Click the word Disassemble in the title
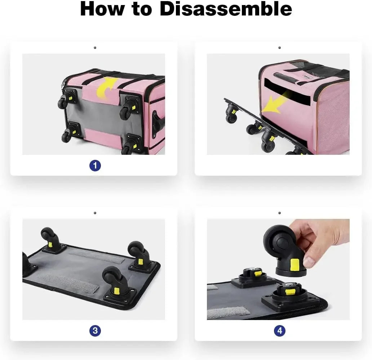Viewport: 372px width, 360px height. coord(226,9)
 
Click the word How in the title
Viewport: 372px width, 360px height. coord(102,9)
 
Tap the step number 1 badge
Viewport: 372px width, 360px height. coord(95,166)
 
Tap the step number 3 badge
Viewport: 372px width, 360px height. coord(95,330)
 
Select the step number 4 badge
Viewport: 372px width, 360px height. coord(280,330)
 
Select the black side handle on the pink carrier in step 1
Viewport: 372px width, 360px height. coord(158,122)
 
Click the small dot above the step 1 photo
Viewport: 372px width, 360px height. coord(95,48)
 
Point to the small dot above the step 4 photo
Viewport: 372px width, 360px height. coord(279,213)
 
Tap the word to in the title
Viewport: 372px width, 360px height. coord(142,9)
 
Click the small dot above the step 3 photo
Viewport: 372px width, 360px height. coord(95,213)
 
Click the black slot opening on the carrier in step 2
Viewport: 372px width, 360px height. coord(287,91)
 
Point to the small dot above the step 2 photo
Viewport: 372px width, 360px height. coord(279,48)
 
